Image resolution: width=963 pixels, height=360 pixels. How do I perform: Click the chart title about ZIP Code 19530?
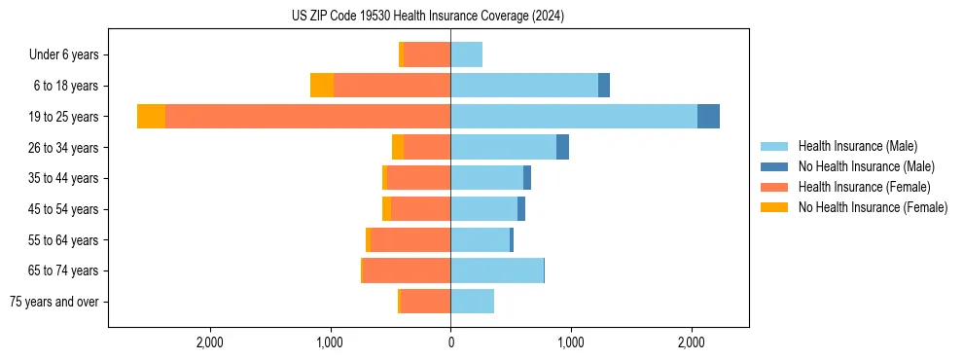pyautogui.click(x=428, y=16)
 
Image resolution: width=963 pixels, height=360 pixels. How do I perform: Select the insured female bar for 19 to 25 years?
pyautogui.click(x=307, y=117)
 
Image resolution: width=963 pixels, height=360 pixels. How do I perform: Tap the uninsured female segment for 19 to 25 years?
pyautogui.click(x=151, y=117)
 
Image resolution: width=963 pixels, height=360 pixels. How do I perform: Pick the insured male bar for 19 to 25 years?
pyautogui.click(x=574, y=117)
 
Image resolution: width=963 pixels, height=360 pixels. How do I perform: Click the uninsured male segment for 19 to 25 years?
pyautogui.click(x=708, y=117)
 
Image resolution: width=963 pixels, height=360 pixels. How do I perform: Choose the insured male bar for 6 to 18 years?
pyautogui.click(x=524, y=86)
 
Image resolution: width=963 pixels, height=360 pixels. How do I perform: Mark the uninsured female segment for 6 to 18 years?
pyautogui.click(x=322, y=86)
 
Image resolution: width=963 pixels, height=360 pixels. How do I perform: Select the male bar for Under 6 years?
pyautogui.click(x=466, y=54)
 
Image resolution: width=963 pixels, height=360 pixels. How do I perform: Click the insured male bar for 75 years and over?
pyautogui.click(x=472, y=302)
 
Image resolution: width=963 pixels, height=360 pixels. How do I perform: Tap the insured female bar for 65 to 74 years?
pyautogui.click(x=407, y=270)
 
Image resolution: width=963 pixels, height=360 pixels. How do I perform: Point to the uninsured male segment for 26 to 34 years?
pyautogui.click(x=562, y=147)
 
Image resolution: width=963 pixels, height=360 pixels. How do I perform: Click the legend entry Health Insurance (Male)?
pyautogui.click(x=857, y=146)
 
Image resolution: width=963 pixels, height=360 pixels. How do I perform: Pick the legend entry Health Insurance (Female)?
pyautogui.click(x=864, y=187)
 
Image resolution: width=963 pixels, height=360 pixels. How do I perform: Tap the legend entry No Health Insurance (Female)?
pyautogui.click(x=872, y=207)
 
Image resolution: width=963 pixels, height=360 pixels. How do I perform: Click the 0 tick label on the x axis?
pyautogui.click(x=450, y=342)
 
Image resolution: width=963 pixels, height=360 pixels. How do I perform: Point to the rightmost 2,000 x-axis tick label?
pyautogui.click(x=691, y=342)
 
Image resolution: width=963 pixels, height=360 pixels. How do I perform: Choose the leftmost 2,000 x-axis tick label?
pyautogui.click(x=210, y=342)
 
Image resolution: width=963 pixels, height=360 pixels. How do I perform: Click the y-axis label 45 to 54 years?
pyautogui.click(x=64, y=209)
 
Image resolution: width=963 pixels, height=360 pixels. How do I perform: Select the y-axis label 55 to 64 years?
pyautogui.click(x=64, y=240)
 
